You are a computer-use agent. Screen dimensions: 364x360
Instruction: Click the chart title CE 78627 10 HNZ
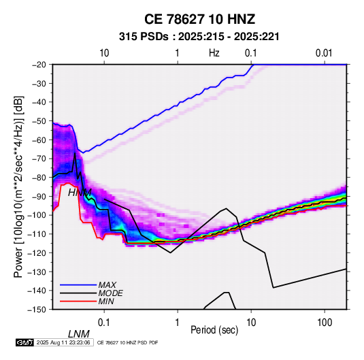[x=199, y=19]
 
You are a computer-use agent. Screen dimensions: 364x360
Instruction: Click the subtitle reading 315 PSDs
[x=144, y=37]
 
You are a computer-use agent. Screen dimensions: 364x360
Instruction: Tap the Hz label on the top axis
[x=214, y=53]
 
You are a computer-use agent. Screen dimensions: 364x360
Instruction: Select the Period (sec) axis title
[x=214, y=330]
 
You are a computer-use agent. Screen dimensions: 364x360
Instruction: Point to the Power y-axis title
[x=18, y=186]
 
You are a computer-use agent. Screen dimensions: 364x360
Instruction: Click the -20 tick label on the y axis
[x=39, y=65]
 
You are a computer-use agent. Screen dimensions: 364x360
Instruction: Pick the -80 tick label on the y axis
[x=39, y=178]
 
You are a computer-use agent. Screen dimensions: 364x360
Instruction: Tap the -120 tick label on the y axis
[x=37, y=253]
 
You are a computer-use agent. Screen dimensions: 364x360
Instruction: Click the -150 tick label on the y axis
[x=37, y=310]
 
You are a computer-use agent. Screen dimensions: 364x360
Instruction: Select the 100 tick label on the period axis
[x=325, y=323]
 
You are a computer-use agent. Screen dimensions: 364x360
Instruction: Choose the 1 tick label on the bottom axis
[x=178, y=323]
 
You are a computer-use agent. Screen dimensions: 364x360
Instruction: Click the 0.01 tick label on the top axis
[x=324, y=53]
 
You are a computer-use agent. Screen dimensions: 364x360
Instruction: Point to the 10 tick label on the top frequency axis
[x=104, y=53]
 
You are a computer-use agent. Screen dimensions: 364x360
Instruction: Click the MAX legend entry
[x=107, y=285]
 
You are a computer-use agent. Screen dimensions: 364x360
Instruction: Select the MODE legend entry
[x=110, y=293]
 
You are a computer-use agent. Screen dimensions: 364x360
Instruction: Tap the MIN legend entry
[x=106, y=301]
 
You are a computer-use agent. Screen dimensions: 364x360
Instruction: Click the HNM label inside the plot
[x=80, y=193]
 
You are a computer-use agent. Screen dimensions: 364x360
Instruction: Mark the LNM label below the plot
[x=79, y=334]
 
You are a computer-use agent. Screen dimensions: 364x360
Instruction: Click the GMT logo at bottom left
[x=24, y=342]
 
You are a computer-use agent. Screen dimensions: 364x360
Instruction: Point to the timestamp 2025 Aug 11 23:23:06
[x=63, y=342]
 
